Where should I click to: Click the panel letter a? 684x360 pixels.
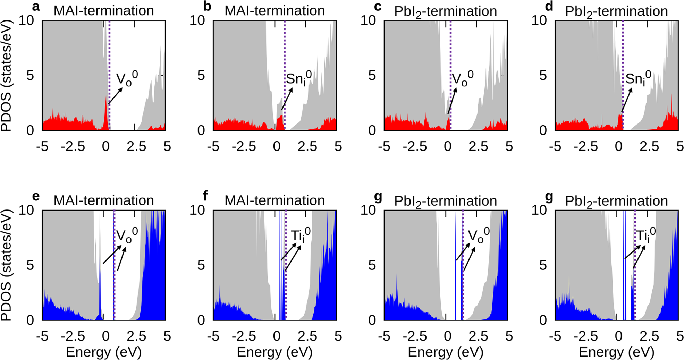[x=35, y=7]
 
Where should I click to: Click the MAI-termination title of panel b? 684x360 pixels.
[x=275, y=11]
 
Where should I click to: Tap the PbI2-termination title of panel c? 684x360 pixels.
[x=445, y=11]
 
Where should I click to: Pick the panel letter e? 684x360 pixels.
[x=35, y=196]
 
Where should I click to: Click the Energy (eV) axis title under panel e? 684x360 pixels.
[x=104, y=352]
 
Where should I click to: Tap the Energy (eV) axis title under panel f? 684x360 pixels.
[x=275, y=352]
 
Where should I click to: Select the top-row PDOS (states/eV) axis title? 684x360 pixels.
[x=6, y=76]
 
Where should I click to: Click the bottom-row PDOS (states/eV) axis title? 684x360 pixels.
[x=6, y=265]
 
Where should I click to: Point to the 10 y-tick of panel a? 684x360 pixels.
[x=26, y=20]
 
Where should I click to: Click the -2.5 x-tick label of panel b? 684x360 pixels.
[x=244, y=147]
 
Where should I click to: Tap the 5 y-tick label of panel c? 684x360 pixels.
[x=372, y=75]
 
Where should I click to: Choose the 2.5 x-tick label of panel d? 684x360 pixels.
[x=649, y=147]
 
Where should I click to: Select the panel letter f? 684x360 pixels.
[x=205, y=196]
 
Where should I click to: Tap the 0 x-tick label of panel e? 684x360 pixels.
[x=105, y=336]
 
